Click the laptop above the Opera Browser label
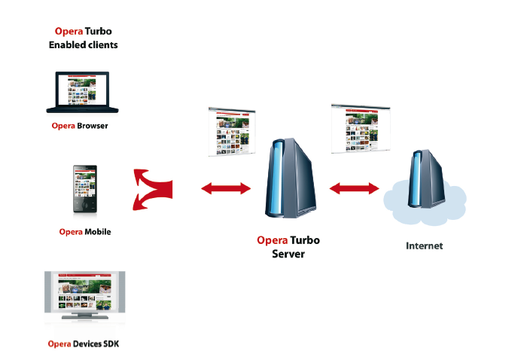(x=82, y=93)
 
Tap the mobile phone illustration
(x=84, y=188)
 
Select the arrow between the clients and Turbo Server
(x=226, y=187)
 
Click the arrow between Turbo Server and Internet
(x=354, y=187)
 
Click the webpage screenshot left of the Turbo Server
(x=231, y=132)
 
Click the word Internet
(x=425, y=246)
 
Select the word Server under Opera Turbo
(x=288, y=254)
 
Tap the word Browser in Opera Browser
(x=92, y=126)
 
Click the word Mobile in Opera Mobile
(x=98, y=232)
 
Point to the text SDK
(x=111, y=344)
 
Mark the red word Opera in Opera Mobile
(x=71, y=232)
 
